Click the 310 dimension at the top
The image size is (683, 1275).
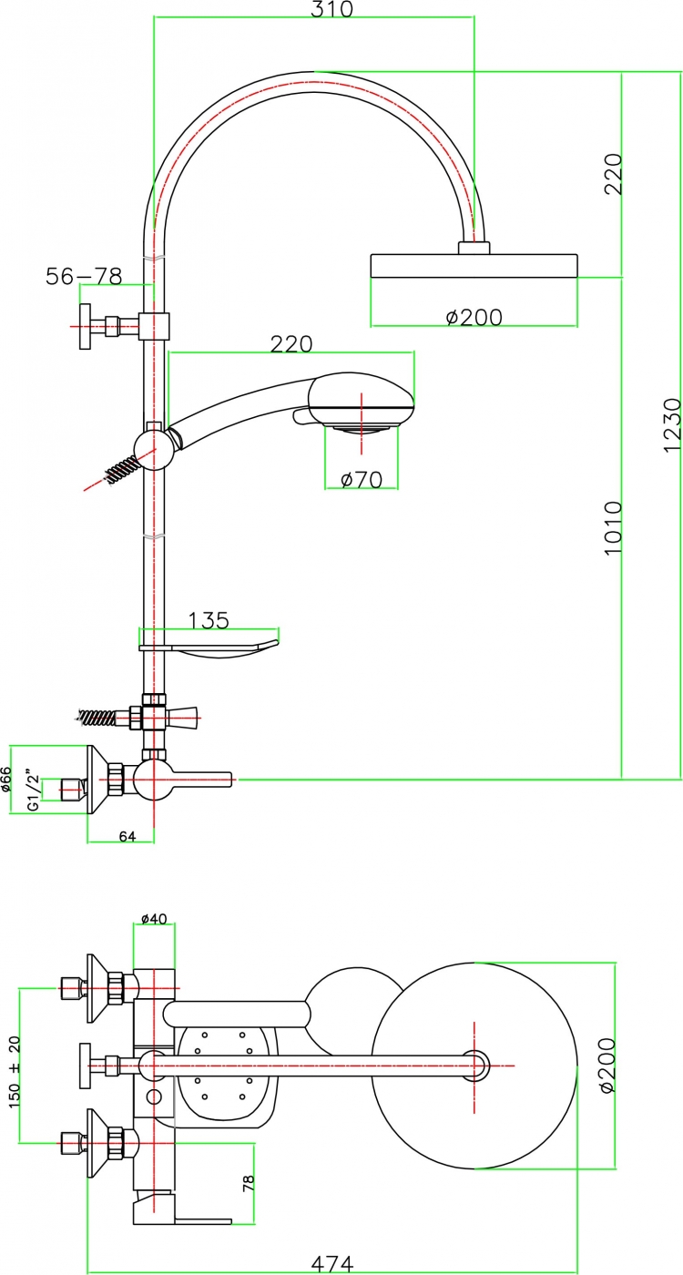point(331,9)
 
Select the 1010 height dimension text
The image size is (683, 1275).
point(612,528)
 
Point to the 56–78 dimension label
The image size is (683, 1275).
point(84,277)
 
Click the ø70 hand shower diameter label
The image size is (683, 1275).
point(362,480)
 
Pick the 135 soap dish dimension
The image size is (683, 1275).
point(209,620)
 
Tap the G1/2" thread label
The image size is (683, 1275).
point(35,791)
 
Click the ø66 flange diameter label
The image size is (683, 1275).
point(5,780)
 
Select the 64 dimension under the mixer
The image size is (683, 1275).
point(127,836)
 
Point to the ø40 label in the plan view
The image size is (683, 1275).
point(154,919)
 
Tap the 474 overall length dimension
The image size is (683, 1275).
point(332,1264)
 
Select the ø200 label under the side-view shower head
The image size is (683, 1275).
point(474,317)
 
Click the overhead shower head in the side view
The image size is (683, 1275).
point(474,265)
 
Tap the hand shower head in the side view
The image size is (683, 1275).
point(359,403)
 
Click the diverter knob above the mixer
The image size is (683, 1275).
point(182,718)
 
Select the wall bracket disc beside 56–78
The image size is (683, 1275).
point(85,326)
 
